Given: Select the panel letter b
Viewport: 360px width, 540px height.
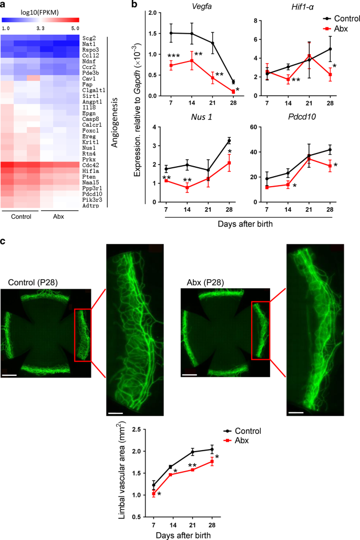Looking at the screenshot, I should [135, 5].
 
